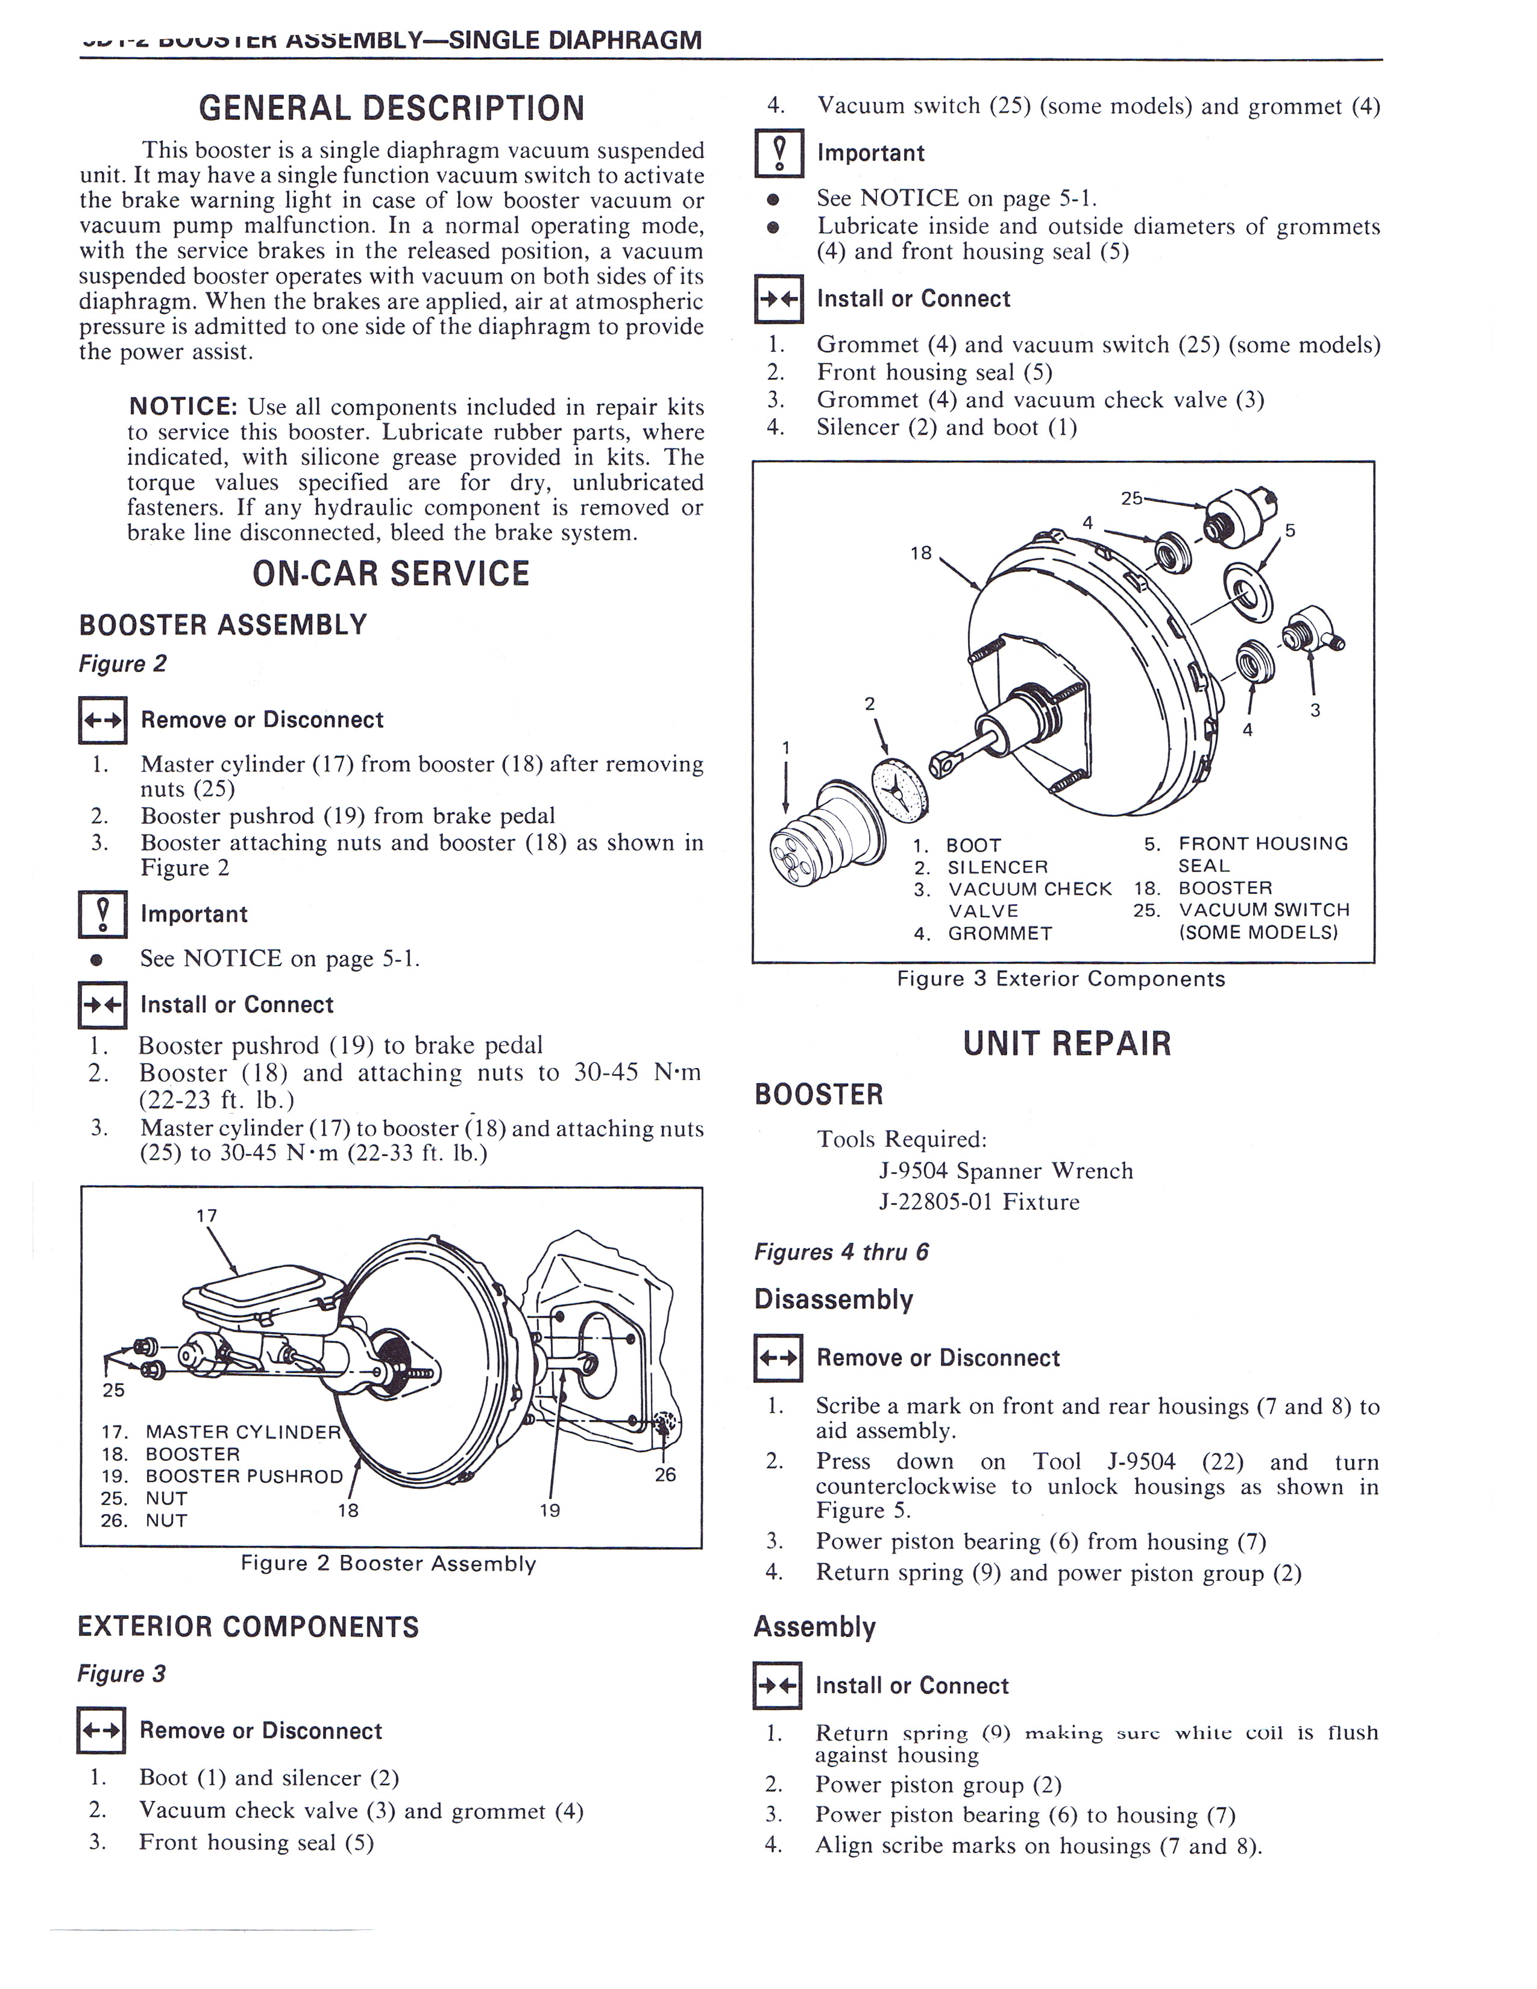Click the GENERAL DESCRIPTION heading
pyautogui.click(x=392, y=108)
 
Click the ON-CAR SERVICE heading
pyautogui.click(x=391, y=574)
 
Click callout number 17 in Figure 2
pyautogui.click(x=207, y=1216)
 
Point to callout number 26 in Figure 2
pyautogui.click(x=665, y=1474)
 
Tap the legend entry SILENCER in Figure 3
pyautogui.click(x=997, y=867)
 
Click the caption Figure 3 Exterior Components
pyautogui.click(x=1061, y=979)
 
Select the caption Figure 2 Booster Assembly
pyautogui.click(x=388, y=1563)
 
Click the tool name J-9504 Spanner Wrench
pyautogui.click(x=1005, y=1170)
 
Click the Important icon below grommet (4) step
pyautogui.click(x=779, y=153)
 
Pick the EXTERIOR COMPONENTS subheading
pyautogui.click(x=248, y=1627)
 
